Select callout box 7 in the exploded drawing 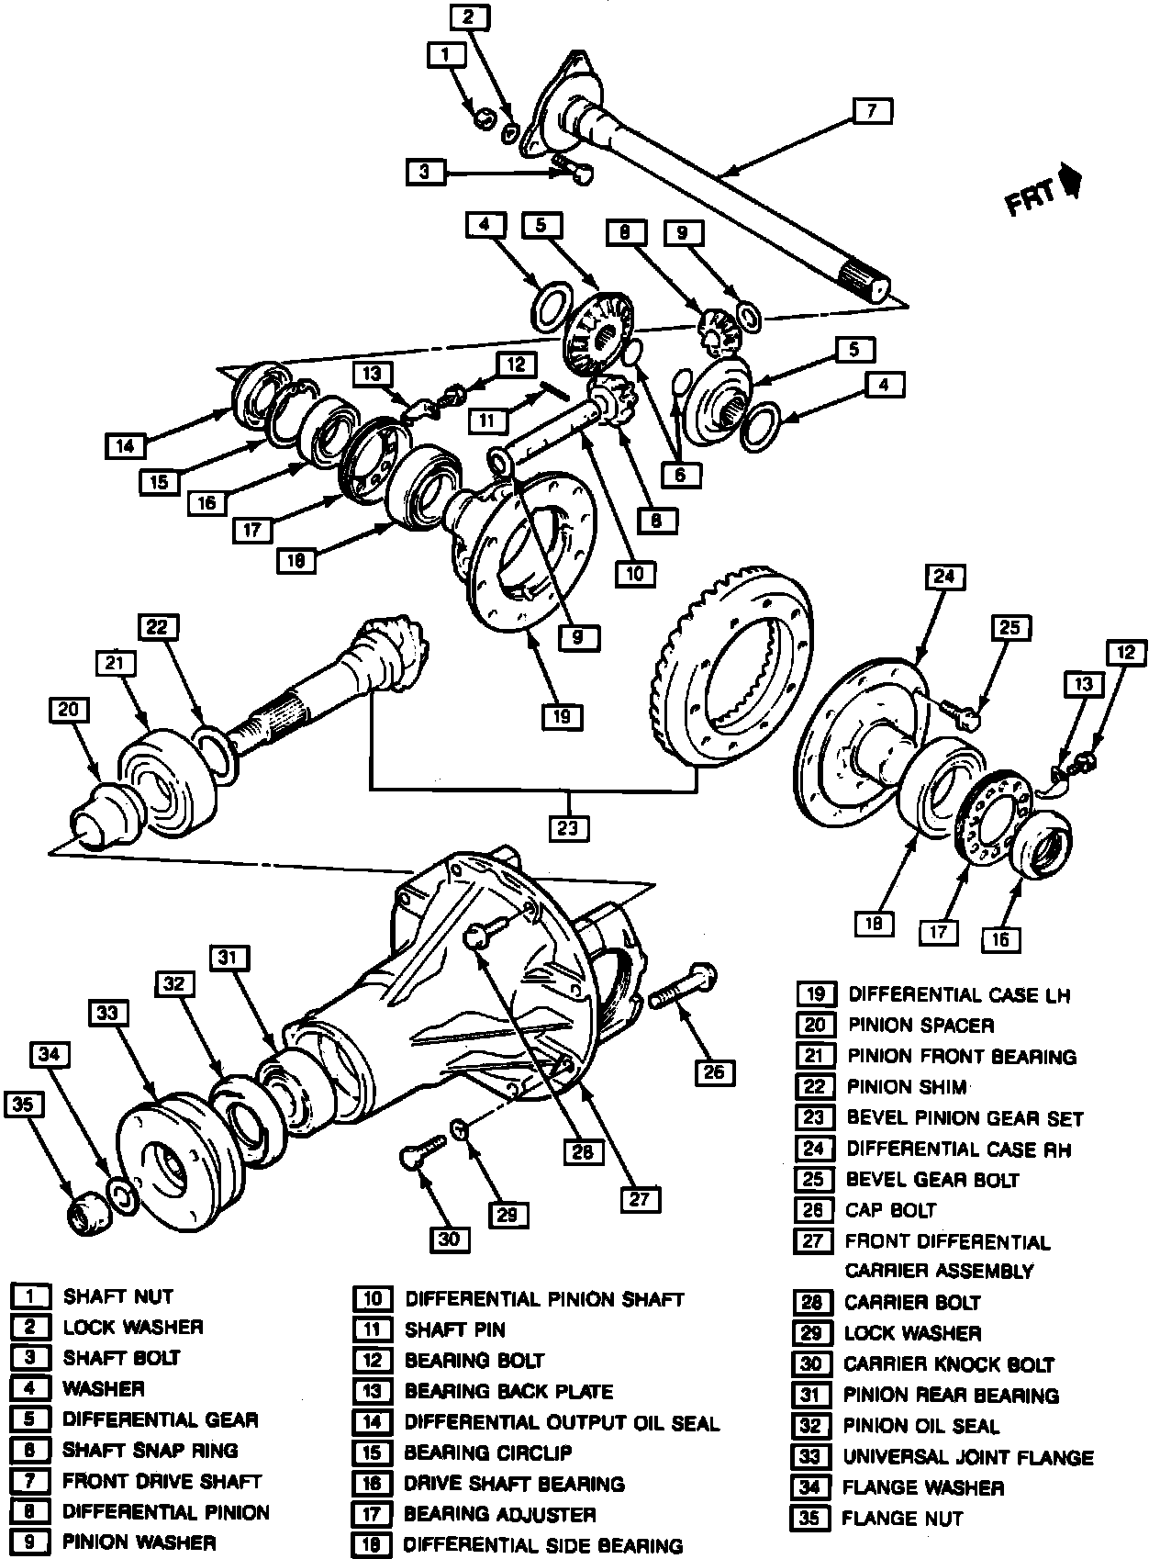click(x=870, y=112)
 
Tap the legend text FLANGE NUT click(x=902, y=1519)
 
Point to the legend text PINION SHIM click(x=907, y=1087)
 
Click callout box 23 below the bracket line click(x=567, y=828)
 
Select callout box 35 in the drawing click(x=24, y=1105)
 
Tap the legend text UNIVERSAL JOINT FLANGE click(x=968, y=1457)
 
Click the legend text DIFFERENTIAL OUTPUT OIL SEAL click(x=562, y=1422)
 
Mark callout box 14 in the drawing click(x=125, y=446)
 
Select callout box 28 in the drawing click(x=582, y=1152)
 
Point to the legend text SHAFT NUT click(x=117, y=1296)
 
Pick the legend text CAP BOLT click(x=889, y=1210)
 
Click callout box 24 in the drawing click(x=944, y=577)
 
